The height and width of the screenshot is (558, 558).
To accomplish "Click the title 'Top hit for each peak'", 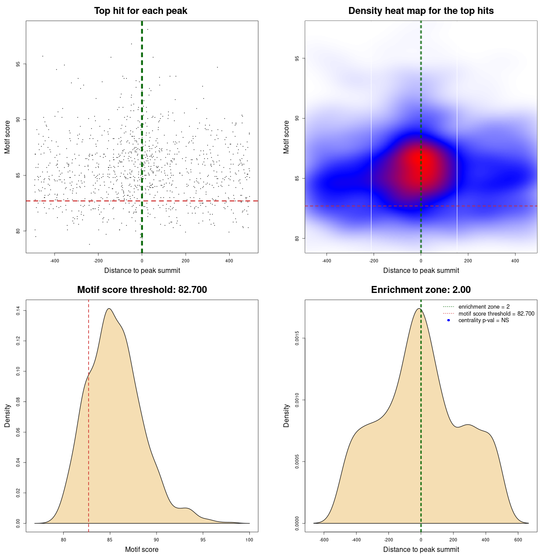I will (x=140, y=11).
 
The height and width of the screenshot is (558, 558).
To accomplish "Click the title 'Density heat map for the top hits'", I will (x=421, y=11).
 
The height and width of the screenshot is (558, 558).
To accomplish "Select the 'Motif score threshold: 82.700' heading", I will (x=142, y=290).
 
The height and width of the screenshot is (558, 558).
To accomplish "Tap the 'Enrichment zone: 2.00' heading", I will (x=421, y=290).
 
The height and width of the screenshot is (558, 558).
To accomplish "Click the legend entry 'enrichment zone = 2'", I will (x=484, y=307).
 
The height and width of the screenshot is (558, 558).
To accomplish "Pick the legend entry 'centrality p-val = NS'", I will (x=483, y=320).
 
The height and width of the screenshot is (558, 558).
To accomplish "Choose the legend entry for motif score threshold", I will (x=496, y=313).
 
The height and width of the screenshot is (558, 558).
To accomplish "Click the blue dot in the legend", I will (x=449, y=320).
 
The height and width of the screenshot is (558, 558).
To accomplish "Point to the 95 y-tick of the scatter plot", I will (x=18, y=64).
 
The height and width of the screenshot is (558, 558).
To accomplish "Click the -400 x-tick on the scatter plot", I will (x=54, y=261).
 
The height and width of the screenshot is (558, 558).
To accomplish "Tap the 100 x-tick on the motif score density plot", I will (x=249, y=540).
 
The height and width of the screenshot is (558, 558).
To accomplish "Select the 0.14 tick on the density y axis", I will (x=18, y=311).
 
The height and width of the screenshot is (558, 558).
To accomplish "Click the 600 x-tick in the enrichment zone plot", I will (x=518, y=540).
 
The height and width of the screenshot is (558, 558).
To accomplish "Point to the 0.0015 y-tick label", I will (x=297, y=338).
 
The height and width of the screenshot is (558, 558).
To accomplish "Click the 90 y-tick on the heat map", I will (x=297, y=118).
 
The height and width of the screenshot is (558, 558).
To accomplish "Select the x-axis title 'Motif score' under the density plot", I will (x=142, y=549).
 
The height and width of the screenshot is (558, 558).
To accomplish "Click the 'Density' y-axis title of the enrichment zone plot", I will (x=286, y=415).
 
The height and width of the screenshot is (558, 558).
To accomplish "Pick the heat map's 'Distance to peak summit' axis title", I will (x=421, y=270).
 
